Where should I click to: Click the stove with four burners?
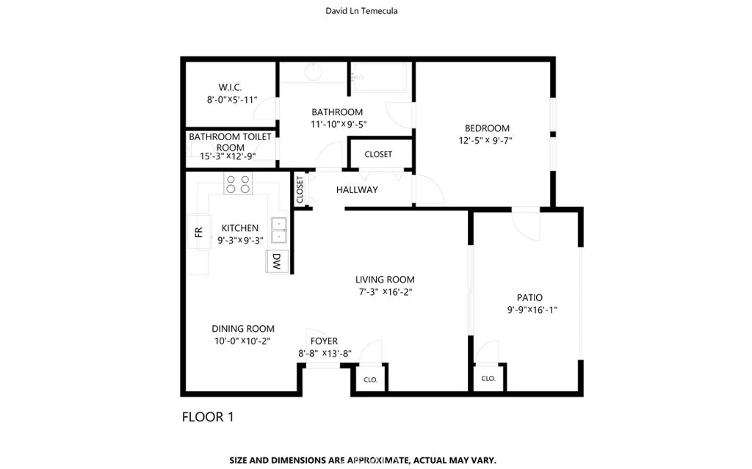(x=238, y=183)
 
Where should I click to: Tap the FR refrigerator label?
(x=198, y=233)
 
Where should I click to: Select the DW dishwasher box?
(x=277, y=262)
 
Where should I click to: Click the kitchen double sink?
(x=279, y=230)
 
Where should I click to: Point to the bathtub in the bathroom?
(x=378, y=78)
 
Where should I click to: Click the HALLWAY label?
(x=357, y=189)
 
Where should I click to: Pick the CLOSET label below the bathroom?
(x=378, y=154)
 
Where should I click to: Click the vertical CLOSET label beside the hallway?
(x=300, y=189)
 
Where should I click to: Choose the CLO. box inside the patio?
(x=488, y=379)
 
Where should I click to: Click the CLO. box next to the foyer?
(x=371, y=379)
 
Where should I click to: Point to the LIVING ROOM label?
(x=385, y=279)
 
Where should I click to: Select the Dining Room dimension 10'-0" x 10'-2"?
(x=242, y=341)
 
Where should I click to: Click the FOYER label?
(x=324, y=341)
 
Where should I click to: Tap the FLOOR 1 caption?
(x=207, y=418)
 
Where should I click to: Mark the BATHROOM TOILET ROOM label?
(x=230, y=142)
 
